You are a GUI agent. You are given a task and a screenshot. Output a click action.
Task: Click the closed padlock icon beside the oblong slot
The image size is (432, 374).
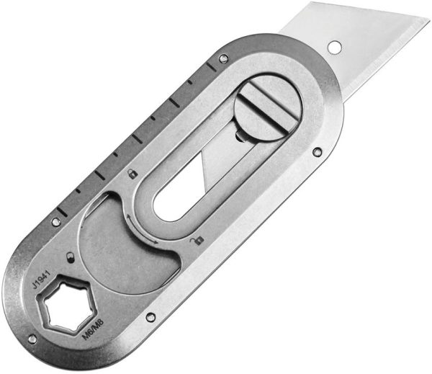(132, 174)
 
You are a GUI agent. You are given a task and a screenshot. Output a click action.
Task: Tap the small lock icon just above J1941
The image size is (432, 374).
(70, 256)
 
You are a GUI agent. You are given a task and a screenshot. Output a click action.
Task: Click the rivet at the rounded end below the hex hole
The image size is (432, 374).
(32, 339)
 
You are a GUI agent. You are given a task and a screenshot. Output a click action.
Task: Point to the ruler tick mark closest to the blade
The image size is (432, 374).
(210, 67)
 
